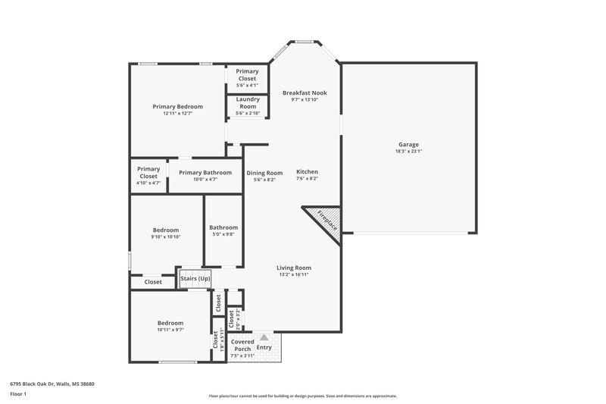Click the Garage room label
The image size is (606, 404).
tap(408, 144)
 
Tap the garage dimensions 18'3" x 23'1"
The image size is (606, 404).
tap(408, 151)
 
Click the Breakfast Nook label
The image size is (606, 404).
tap(305, 92)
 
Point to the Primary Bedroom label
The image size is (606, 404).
tap(177, 107)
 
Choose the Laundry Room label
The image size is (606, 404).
tap(248, 102)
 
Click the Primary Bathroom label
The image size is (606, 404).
tap(205, 172)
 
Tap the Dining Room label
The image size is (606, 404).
tap(264, 173)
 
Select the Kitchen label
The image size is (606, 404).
tap(307, 171)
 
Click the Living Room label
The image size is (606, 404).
tap(293, 268)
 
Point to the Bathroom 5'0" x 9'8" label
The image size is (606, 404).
tap(223, 227)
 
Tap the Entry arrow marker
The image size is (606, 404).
tap(264, 339)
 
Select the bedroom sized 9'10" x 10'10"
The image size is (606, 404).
tap(166, 230)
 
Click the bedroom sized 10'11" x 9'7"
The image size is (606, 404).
tap(170, 323)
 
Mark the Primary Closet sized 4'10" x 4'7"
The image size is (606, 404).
tap(148, 173)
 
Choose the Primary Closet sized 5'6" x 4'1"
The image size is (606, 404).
tap(247, 74)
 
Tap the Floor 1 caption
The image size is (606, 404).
tap(18, 394)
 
